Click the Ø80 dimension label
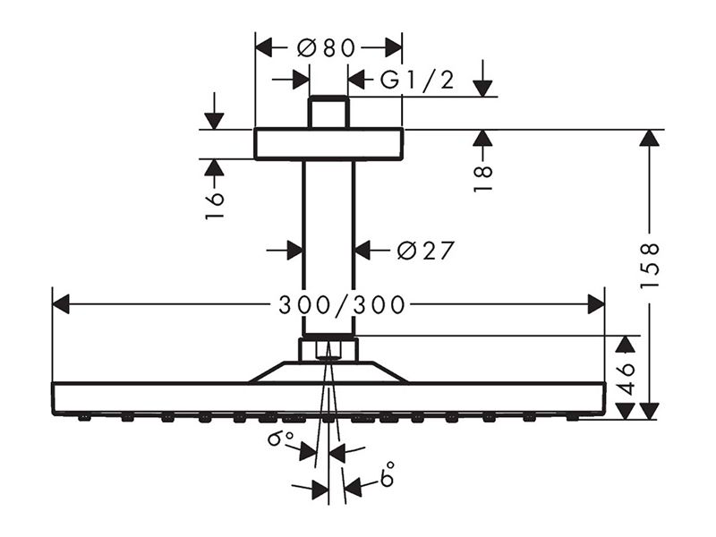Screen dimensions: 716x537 click(326, 48)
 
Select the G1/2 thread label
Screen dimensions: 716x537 click(417, 81)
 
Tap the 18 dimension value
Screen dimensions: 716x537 click(483, 178)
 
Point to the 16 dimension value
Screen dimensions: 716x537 click(215, 206)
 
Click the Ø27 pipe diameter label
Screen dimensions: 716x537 click(426, 251)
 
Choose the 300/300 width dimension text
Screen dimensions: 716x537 click(342, 305)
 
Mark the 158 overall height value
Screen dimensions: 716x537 click(650, 265)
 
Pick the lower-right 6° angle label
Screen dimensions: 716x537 click(386, 474)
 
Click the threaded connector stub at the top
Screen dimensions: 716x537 click(328, 113)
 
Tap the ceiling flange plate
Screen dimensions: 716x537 click(328, 144)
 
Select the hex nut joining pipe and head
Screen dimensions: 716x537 click(328, 349)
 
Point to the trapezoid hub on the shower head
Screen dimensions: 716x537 click(328, 371)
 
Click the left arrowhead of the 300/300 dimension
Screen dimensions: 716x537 click(61, 304)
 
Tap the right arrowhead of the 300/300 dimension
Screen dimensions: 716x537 click(596, 304)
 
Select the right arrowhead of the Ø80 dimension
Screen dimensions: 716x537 click(394, 47)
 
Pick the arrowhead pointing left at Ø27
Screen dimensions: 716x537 click(363, 251)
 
